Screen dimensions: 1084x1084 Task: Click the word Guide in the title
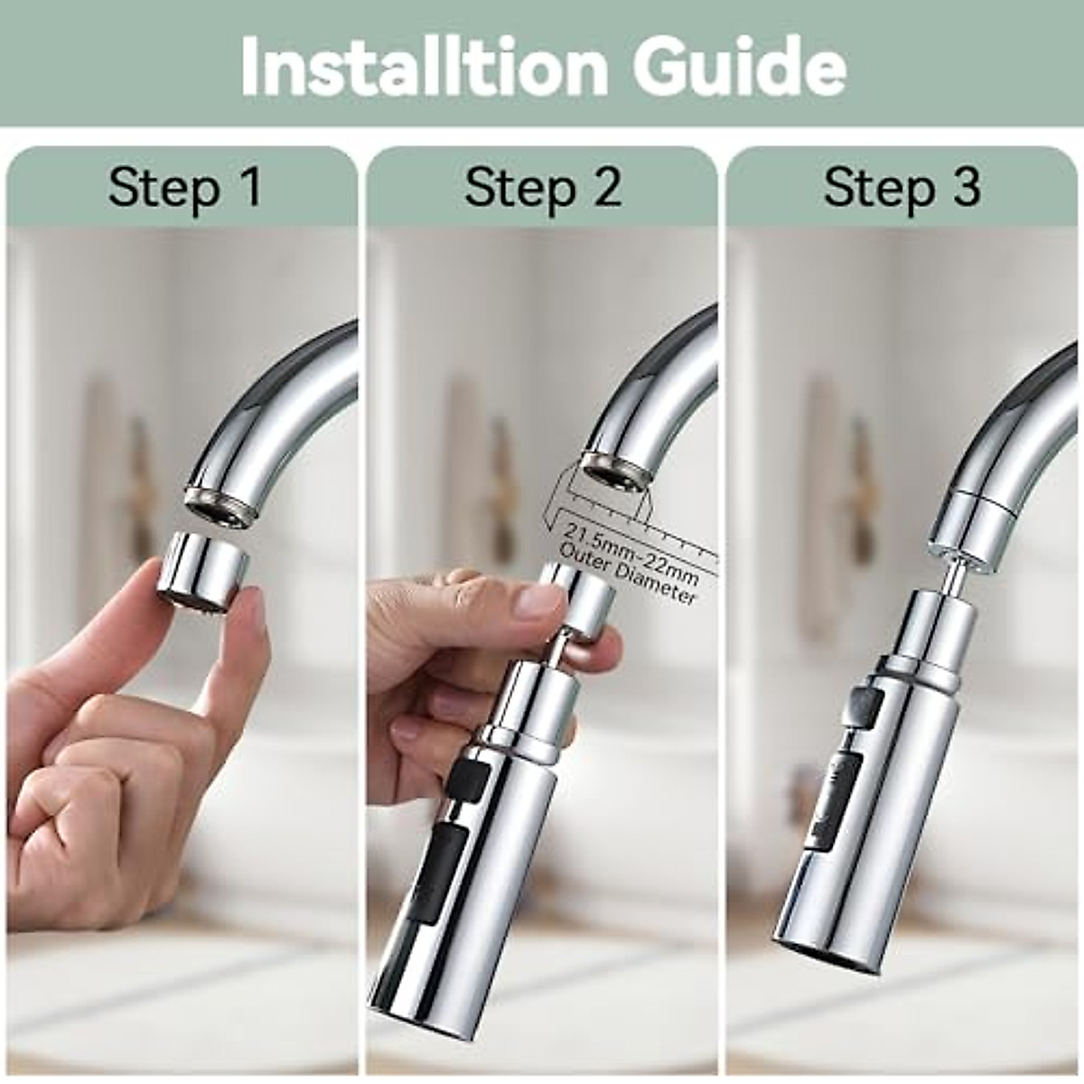(739, 68)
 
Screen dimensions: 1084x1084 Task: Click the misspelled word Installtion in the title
(424, 68)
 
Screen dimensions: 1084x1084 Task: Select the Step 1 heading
(184, 188)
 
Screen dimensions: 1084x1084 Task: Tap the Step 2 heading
(543, 188)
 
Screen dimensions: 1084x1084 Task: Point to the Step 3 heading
(902, 188)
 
